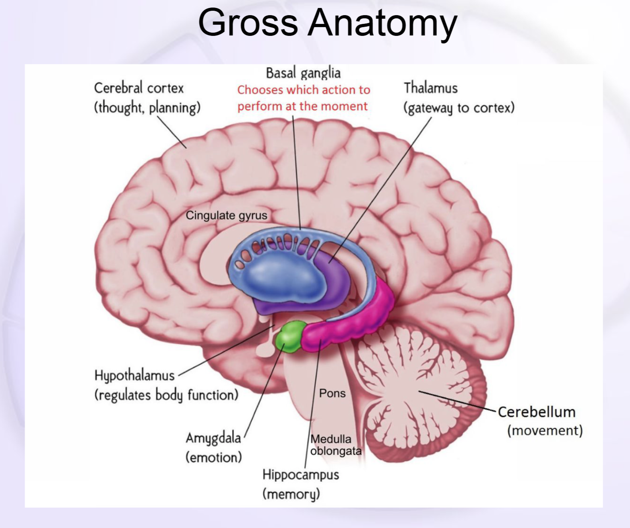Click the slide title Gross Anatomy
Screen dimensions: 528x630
coord(328,23)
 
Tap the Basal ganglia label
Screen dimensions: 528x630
coord(303,73)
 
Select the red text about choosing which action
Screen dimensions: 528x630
coord(303,98)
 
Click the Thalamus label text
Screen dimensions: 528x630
coord(430,88)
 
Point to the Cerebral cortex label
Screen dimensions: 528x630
coord(139,88)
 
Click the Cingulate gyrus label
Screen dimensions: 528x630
coord(227,215)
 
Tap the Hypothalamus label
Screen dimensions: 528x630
coord(135,375)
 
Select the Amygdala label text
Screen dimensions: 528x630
coord(213,438)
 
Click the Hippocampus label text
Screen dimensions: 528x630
coord(300,475)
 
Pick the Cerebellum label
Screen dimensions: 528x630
coord(536,412)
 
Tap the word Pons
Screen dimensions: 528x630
coord(332,394)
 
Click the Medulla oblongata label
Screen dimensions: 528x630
coord(335,445)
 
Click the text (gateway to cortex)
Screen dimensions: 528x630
coord(459,108)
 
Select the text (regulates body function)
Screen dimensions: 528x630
coord(166,395)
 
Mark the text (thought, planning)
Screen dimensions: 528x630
coord(147,107)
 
